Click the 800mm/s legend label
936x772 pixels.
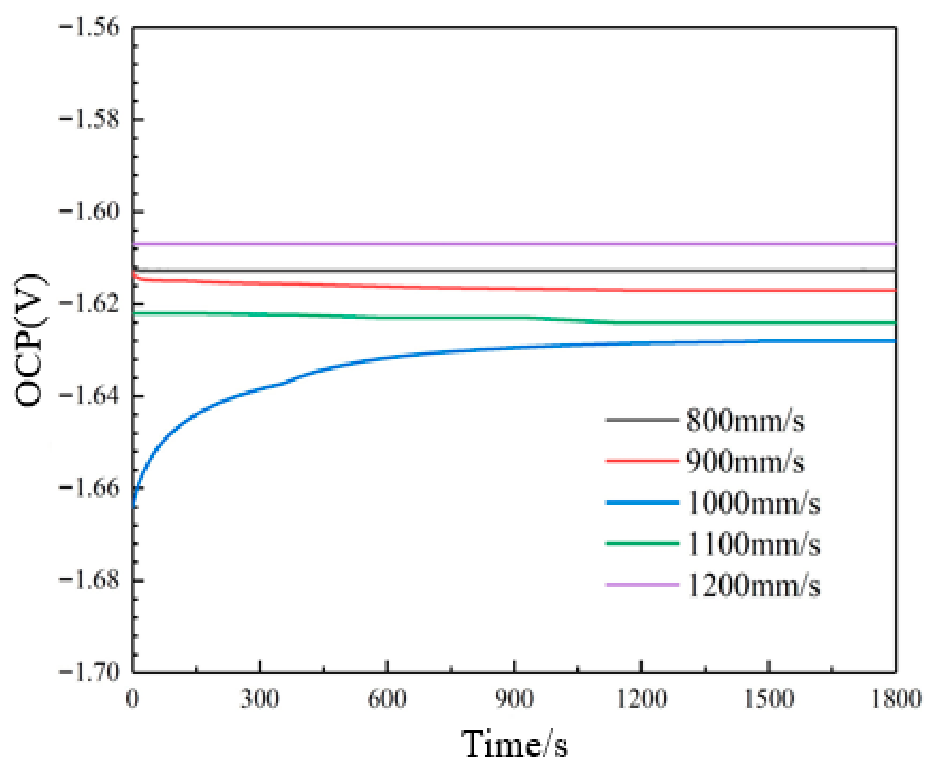click(x=745, y=420)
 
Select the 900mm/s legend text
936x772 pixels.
click(x=745, y=462)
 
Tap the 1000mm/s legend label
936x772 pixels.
click(x=753, y=503)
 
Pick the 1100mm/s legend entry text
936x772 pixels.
click(x=753, y=544)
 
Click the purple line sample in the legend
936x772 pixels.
click(x=642, y=585)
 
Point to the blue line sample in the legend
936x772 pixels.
click(x=642, y=502)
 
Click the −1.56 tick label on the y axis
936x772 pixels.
click(x=89, y=27)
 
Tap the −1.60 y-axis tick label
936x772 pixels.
click(x=89, y=211)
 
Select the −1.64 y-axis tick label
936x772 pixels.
click(x=89, y=396)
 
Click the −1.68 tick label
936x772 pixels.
click(x=89, y=580)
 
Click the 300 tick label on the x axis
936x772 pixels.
click(x=260, y=699)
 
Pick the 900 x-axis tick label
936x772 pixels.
click(x=514, y=699)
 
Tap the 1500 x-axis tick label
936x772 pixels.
click(x=769, y=699)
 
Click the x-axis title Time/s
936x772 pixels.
click(x=514, y=744)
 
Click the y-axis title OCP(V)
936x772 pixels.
click(x=30, y=340)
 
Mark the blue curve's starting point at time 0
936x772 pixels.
click(x=133, y=505)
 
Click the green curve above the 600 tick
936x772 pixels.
click(x=387, y=318)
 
